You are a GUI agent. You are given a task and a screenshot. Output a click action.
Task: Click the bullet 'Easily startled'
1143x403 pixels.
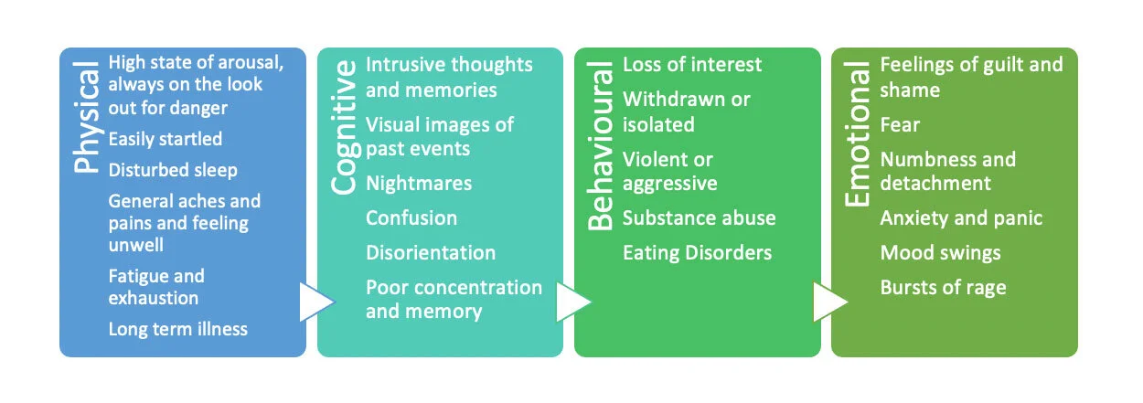(x=165, y=140)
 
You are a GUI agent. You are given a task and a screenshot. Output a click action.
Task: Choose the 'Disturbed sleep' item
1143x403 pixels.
(x=173, y=170)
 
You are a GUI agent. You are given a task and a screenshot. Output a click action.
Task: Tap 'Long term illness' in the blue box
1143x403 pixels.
(x=177, y=329)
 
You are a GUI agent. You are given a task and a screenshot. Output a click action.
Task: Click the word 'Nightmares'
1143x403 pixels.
(x=419, y=184)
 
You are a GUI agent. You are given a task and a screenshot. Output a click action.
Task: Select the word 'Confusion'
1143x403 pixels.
(x=411, y=218)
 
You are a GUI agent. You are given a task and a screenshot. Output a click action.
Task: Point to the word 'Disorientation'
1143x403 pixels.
(x=431, y=253)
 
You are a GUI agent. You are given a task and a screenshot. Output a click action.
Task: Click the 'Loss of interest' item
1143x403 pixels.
(x=692, y=65)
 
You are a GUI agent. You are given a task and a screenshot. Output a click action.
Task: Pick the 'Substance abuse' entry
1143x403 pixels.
(x=699, y=218)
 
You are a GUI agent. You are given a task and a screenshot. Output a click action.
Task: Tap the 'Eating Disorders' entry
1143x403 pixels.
(x=697, y=253)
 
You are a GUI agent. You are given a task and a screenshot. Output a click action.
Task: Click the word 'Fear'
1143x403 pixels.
(x=900, y=125)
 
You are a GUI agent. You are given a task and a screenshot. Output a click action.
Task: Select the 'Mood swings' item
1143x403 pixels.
(x=940, y=253)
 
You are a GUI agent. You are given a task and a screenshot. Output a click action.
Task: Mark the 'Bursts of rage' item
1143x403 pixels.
(x=943, y=288)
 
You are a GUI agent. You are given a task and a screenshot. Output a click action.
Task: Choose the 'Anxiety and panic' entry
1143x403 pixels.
(x=961, y=218)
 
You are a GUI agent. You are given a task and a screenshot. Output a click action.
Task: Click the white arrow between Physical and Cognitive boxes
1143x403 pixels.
(x=315, y=302)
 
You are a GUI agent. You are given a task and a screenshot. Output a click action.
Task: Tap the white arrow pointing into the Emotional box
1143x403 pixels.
(x=829, y=302)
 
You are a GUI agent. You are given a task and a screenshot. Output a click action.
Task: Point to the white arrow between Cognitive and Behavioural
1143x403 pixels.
(x=572, y=302)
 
